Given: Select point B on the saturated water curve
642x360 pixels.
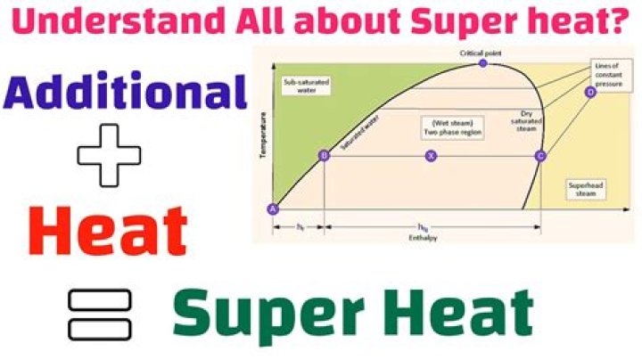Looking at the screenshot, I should click(x=324, y=156).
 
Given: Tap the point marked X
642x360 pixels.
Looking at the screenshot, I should click(x=432, y=156).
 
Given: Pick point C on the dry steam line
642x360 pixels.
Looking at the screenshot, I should click(x=539, y=156).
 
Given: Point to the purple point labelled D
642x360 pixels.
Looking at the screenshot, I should click(x=589, y=92).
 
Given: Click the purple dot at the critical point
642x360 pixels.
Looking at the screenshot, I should click(x=483, y=64).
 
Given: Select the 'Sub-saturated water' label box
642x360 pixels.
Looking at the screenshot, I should click(x=300, y=86).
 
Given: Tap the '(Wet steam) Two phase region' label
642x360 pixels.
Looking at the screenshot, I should click(x=440, y=127).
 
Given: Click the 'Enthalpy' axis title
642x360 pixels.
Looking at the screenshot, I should click(x=431, y=237).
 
